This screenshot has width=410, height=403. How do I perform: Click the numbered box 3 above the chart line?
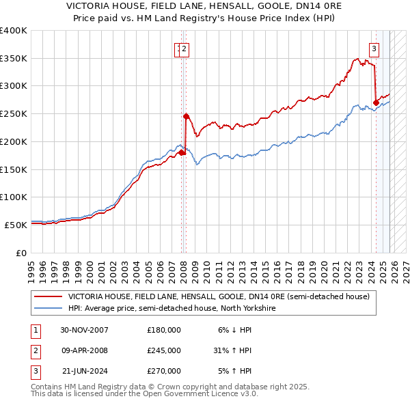pos(374,48)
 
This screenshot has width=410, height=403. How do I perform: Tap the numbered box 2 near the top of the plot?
pos(184,48)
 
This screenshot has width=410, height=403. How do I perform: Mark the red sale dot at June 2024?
pos(376,103)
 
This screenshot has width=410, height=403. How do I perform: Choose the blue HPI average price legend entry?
pos(171,309)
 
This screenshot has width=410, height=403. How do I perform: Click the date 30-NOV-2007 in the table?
pos(84,330)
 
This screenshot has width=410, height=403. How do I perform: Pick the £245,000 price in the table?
pos(164,350)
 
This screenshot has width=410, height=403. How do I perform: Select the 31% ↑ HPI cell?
pos(232,350)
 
